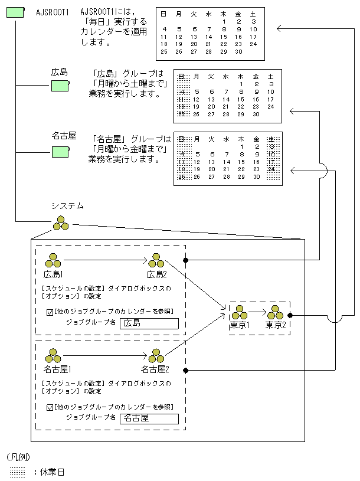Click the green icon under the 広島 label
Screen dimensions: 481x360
[x=60, y=86]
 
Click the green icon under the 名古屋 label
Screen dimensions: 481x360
[x=60, y=152]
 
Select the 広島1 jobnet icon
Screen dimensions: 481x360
[x=53, y=260]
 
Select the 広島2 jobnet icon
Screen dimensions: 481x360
[x=156, y=260]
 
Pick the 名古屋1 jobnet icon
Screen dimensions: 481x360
[x=53, y=356]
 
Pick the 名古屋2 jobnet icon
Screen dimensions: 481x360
[x=156, y=356]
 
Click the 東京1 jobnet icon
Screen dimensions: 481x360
[x=239, y=313]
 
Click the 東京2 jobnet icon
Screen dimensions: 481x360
[x=276, y=313]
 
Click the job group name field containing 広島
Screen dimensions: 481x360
[x=149, y=323]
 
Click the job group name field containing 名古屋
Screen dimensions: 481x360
[x=149, y=418]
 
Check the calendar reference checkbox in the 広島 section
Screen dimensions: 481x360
[x=50, y=312]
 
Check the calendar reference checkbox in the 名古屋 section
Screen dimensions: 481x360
[x=50, y=407]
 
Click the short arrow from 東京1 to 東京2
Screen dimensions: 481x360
[x=257, y=312]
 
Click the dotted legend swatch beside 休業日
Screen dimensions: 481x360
[x=18, y=472]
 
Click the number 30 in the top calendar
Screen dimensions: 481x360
[x=238, y=52]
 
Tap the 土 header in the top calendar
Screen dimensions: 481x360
[x=253, y=13]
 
